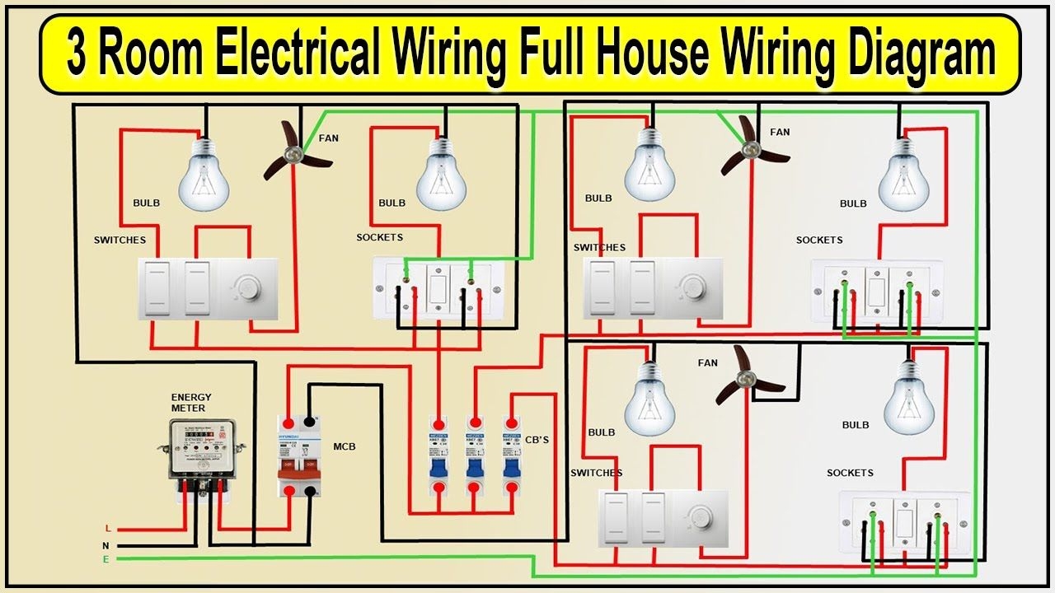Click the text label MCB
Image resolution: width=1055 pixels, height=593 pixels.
click(x=345, y=447)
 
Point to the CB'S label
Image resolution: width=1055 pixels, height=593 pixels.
click(x=537, y=441)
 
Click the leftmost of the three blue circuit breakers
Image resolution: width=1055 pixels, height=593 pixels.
click(x=438, y=454)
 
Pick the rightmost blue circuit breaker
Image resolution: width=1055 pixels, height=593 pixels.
click(x=512, y=454)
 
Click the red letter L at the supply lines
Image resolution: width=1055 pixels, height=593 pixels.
click(x=107, y=529)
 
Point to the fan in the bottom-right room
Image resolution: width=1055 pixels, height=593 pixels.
click(x=747, y=378)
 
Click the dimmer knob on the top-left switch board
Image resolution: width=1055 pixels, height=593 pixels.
click(x=250, y=287)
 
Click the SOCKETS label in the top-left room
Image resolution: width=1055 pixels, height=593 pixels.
click(x=379, y=237)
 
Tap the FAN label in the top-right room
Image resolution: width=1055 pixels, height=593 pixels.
click(x=780, y=132)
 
